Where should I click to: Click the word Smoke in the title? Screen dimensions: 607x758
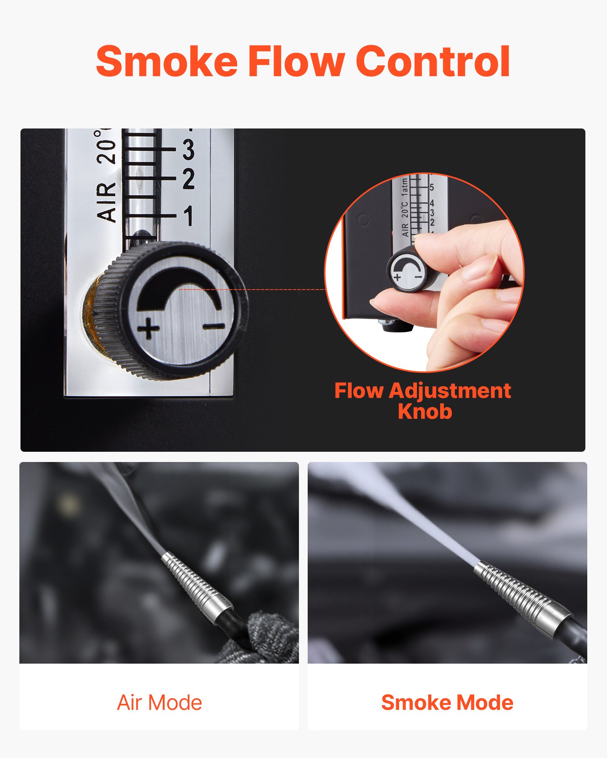(167, 61)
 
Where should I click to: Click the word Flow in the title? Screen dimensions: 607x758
(296, 61)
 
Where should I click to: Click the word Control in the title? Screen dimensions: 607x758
(433, 61)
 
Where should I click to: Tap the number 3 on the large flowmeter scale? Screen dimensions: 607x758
(189, 149)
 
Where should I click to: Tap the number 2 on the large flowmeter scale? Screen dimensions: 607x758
(189, 179)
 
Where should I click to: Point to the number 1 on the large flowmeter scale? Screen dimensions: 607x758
(189, 216)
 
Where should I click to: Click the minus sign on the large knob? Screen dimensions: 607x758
(214, 325)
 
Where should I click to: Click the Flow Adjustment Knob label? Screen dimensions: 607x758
(423, 401)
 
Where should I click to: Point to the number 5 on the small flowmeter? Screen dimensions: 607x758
(432, 187)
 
